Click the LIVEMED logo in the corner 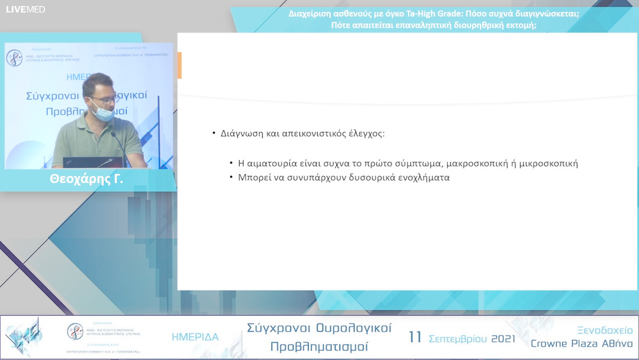25,9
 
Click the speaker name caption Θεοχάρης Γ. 86,179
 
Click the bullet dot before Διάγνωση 214,133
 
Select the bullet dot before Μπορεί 231,177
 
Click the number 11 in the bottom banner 415,337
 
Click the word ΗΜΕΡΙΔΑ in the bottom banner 195,337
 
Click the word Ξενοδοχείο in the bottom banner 604,330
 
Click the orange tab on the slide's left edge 179,65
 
